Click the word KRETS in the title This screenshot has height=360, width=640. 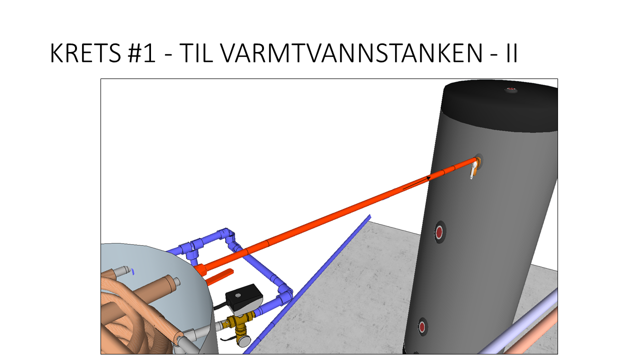(x=85, y=53)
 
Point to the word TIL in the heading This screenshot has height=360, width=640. (x=196, y=53)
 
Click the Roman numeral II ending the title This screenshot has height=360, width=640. (x=511, y=53)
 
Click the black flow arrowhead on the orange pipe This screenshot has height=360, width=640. (x=428, y=178)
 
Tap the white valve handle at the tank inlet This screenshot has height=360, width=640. (x=473, y=170)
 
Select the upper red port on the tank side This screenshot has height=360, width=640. (x=439, y=231)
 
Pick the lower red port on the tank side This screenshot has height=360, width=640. (x=422, y=326)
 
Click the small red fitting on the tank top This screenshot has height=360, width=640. (x=511, y=90)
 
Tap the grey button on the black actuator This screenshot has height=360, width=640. (x=237, y=295)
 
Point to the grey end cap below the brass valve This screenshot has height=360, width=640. (x=244, y=341)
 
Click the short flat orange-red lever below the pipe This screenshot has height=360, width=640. (x=219, y=277)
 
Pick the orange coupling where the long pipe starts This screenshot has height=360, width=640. (x=200, y=269)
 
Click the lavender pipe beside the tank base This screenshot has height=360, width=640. (x=517, y=323)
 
